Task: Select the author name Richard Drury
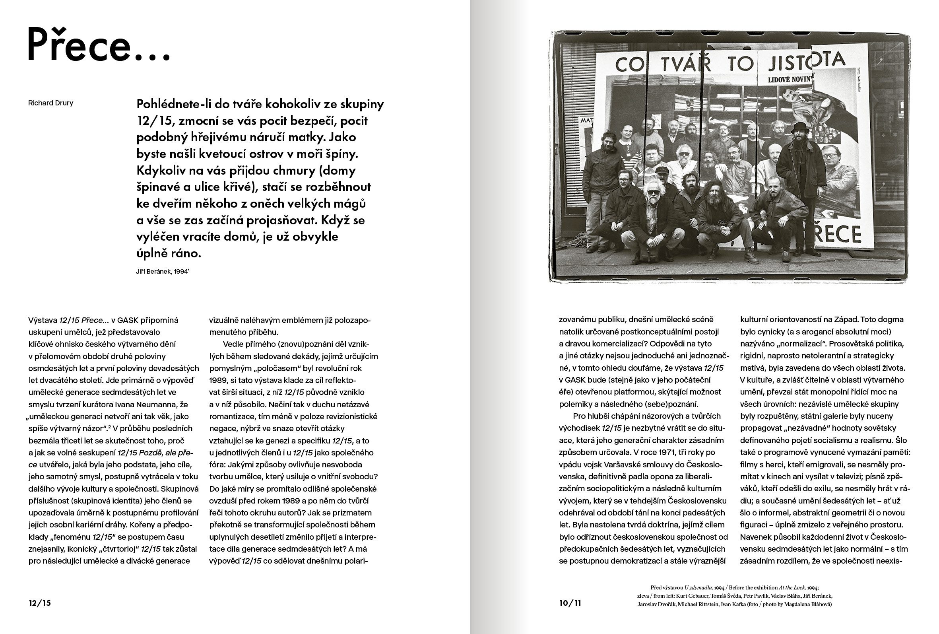point(50,103)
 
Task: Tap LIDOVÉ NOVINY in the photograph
point(790,80)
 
